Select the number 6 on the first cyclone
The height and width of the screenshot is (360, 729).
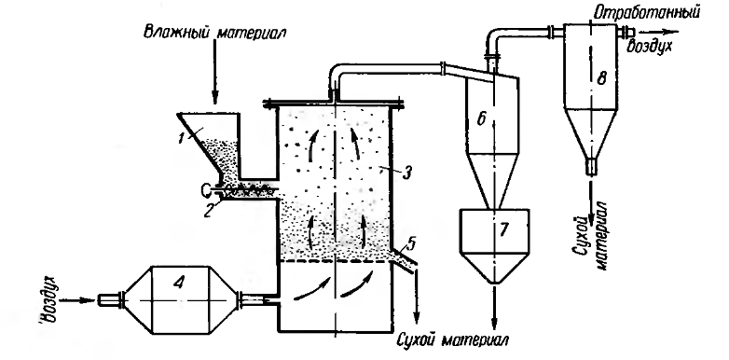point(482,119)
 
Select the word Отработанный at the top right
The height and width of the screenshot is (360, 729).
point(644,12)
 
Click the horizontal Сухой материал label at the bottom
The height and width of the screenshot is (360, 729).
point(452,339)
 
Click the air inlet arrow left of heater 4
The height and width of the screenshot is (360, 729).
point(78,300)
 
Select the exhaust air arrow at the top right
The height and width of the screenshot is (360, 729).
point(658,32)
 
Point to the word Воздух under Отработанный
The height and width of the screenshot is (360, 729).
point(650,47)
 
